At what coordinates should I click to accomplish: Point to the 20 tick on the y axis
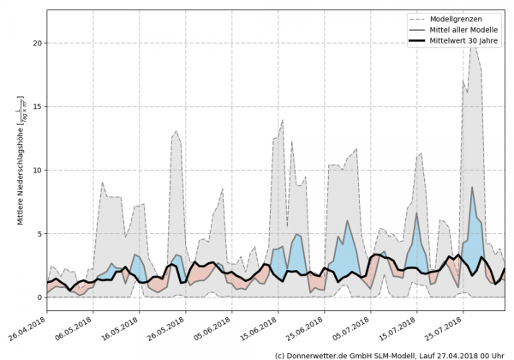pos(37,43)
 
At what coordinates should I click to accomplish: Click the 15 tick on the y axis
pos(37,107)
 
